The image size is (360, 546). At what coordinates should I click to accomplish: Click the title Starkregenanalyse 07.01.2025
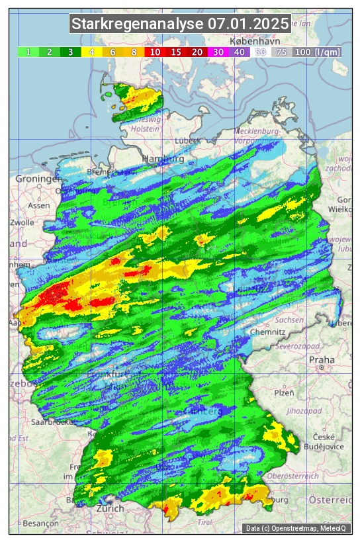tap(180, 24)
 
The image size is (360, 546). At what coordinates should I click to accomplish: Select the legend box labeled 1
tap(28, 52)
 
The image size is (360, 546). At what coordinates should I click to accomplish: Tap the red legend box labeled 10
tap(155, 52)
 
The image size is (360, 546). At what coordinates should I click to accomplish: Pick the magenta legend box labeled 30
tap(218, 52)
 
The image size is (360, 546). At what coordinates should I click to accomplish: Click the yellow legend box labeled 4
tap(92, 52)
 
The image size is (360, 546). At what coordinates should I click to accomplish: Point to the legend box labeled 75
tap(281, 52)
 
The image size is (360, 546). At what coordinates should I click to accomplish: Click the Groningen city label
tap(38, 179)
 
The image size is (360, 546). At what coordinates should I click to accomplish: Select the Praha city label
tap(322, 360)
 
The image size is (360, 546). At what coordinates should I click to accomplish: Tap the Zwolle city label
tap(21, 222)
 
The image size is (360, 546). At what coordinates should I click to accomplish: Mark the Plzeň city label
tap(284, 392)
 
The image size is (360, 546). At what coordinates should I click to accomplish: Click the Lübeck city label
tap(187, 140)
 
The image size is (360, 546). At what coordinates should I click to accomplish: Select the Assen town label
tap(39, 205)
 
